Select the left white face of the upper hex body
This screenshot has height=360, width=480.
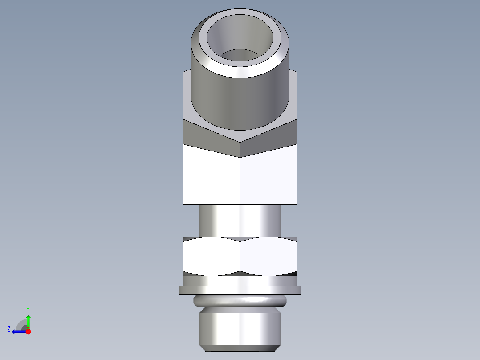pos(211,176)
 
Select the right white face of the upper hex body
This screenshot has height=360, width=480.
pos(268,176)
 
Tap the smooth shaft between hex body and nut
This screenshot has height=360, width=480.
pos(240,220)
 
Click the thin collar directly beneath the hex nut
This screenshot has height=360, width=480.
pos(240,281)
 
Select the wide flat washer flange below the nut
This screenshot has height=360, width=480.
pos(240,290)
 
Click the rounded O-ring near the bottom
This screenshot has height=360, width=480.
pos(240,301)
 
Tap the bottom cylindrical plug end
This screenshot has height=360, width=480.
pos(240,327)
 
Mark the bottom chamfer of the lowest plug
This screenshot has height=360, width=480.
pos(240,348)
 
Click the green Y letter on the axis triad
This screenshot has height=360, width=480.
pos(28,309)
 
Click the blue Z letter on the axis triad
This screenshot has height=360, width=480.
pos(9,329)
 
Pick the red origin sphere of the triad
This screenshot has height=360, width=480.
pos(28,331)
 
